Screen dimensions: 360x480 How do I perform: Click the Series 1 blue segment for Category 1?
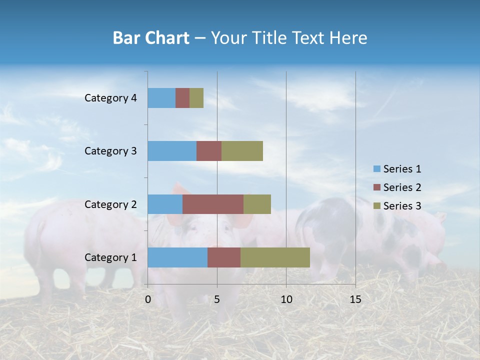177,257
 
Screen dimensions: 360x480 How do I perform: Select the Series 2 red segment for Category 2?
213,204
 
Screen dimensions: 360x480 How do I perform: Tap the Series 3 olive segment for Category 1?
275,257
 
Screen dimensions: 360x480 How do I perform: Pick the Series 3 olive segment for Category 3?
242,151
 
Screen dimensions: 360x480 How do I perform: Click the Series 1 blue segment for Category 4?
161,98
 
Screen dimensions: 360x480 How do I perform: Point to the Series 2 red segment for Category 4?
182,98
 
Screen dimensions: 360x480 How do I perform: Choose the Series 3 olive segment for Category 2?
257,204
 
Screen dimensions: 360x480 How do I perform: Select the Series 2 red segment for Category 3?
209,151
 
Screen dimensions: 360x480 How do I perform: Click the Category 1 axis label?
110,257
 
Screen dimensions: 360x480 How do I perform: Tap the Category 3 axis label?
110,151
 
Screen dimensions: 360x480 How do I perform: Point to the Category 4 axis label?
110,98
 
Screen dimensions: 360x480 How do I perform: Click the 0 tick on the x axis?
148,299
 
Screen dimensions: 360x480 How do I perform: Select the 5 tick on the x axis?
217,299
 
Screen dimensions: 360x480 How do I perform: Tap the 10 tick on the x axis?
286,299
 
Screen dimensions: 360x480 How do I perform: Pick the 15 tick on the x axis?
355,299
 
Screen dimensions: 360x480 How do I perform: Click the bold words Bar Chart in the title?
150,38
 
